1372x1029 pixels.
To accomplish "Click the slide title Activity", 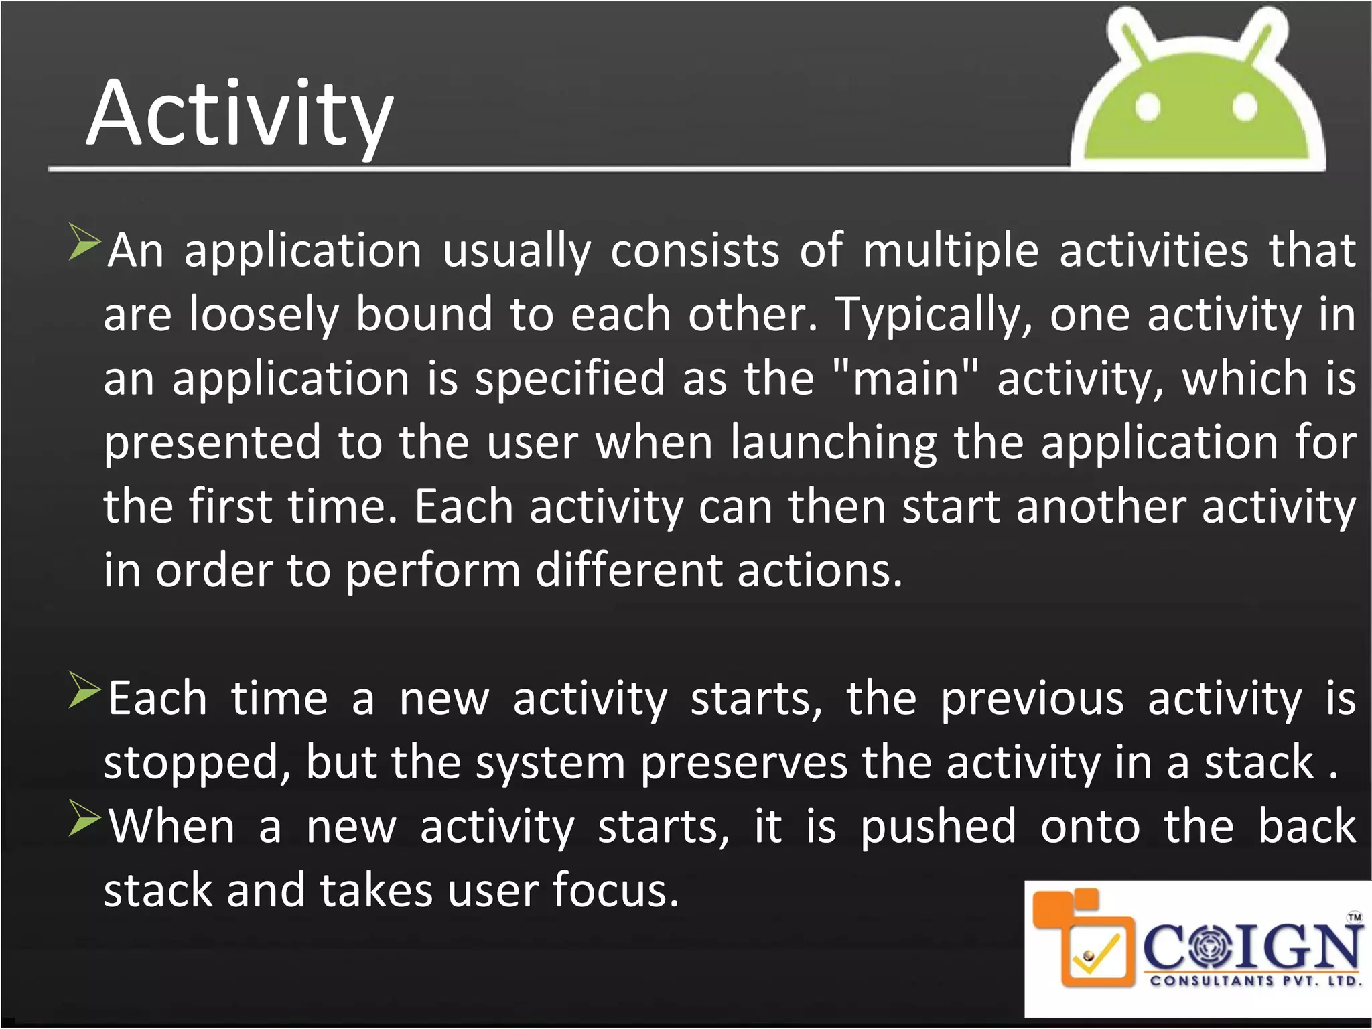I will pos(239,114).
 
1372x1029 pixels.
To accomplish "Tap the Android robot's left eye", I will pos(1148,107).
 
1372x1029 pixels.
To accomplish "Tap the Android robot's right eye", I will pos(1245,107).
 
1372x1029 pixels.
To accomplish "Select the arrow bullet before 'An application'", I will pos(84,243).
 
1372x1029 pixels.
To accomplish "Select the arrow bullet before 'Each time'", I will pos(84,691).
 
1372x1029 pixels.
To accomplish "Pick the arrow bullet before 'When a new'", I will pos(84,819).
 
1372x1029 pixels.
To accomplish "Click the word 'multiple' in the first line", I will pos(950,251).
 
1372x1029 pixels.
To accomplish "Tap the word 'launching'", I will pos(833,443).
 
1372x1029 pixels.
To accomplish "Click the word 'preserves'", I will pos(743,764).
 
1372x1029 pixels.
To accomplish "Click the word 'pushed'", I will pos(938,827).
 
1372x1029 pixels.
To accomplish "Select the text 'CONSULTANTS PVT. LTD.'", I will pos(1255,981).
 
